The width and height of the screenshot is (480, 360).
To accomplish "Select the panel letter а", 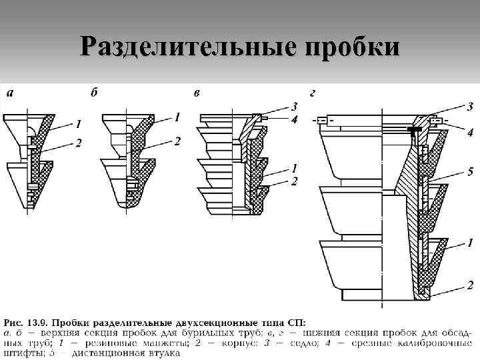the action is click(x=9, y=92).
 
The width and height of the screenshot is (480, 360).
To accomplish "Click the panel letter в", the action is click(x=196, y=92).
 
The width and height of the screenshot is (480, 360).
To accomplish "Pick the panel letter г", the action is click(x=313, y=92).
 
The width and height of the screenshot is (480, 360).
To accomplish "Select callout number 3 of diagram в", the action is click(x=294, y=105).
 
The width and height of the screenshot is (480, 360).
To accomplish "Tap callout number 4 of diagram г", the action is click(x=470, y=133).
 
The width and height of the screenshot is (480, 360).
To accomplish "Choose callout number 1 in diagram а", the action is click(x=79, y=123).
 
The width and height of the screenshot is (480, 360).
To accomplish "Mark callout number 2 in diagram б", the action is click(x=177, y=141).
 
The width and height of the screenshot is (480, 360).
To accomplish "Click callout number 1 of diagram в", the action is click(x=294, y=167).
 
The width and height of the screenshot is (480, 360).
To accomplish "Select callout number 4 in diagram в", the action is click(x=294, y=119).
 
